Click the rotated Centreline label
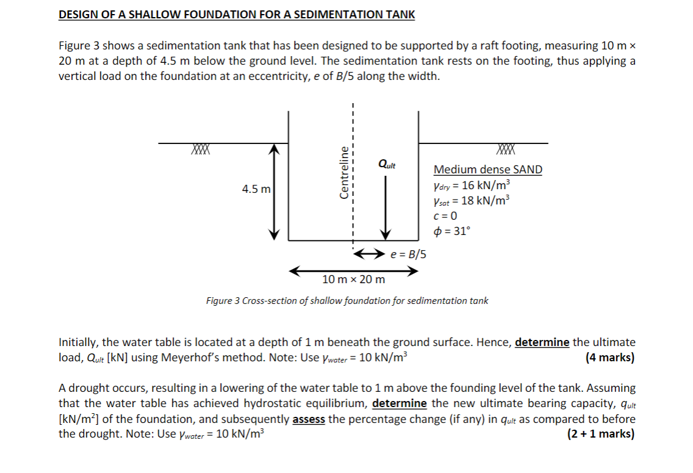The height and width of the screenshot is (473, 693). (344, 172)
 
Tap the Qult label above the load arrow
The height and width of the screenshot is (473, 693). (387, 164)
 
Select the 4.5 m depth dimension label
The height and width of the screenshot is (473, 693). (256, 189)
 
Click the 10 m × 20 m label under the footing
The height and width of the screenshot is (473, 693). (354, 280)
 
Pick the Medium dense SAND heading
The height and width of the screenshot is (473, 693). (487, 170)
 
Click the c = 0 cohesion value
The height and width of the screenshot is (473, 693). (445, 215)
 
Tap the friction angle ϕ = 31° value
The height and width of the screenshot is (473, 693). (451, 231)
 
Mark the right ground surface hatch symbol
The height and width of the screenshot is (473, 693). (506, 149)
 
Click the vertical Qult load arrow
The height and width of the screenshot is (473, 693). (386, 208)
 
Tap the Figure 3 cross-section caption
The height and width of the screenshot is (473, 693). (346, 300)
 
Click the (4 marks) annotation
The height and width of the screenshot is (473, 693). (609, 358)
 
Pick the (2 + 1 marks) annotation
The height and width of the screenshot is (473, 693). (600, 434)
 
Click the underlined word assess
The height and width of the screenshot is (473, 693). (308, 419)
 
